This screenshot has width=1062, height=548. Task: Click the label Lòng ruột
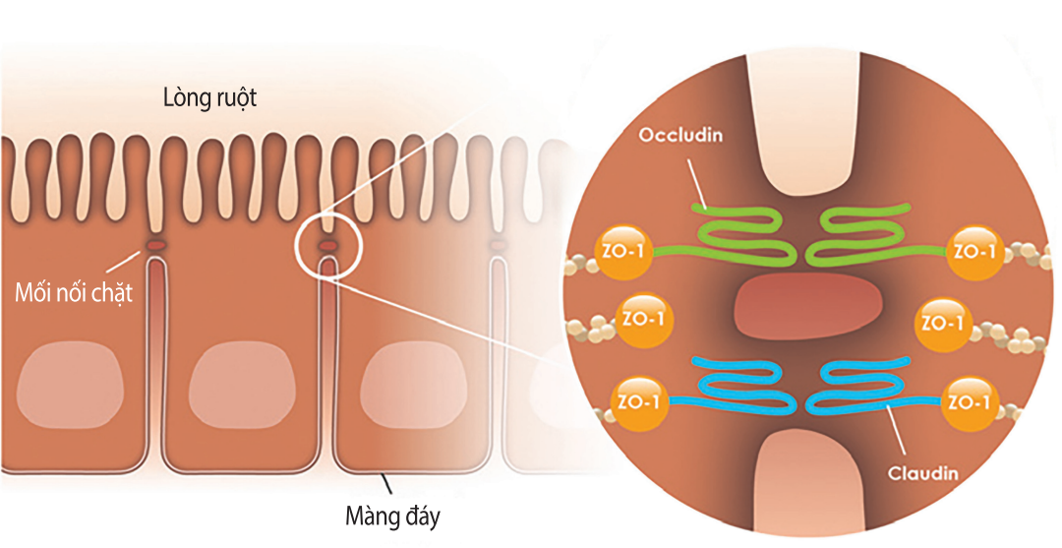[x=211, y=98]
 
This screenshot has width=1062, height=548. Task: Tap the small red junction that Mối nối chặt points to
[x=155, y=243]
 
